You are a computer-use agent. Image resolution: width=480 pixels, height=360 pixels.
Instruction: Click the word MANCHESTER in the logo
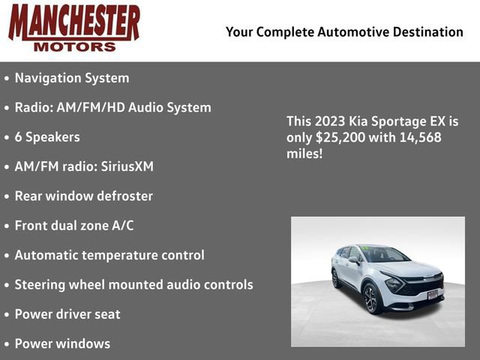pyautogui.click(x=73, y=22)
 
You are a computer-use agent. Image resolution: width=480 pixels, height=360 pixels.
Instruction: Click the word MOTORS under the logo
pyautogui.click(x=74, y=46)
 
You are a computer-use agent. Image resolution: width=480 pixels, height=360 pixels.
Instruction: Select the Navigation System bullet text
pyautogui.click(x=71, y=78)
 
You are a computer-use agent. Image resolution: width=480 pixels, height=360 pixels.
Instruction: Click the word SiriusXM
pyautogui.click(x=128, y=166)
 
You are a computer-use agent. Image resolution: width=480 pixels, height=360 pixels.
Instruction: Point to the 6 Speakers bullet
pyautogui.click(x=46, y=137)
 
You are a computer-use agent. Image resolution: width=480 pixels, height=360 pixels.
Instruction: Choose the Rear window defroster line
pyautogui.click(x=83, y=196)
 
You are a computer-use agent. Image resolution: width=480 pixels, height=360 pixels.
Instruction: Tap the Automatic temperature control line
pyautogui.click(x=109, y=255)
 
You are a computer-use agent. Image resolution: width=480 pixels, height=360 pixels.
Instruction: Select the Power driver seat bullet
pyautogui.click(x=67, y=314)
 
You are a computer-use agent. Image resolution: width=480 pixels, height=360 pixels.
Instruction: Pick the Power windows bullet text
pyautogui.click(x=62, y=343)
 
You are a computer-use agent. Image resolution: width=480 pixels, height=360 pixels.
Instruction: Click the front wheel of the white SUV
pyautogui.click(x=370, y=298)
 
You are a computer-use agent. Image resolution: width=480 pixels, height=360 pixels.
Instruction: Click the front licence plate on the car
pyautogui.click(x=432, y=294)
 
